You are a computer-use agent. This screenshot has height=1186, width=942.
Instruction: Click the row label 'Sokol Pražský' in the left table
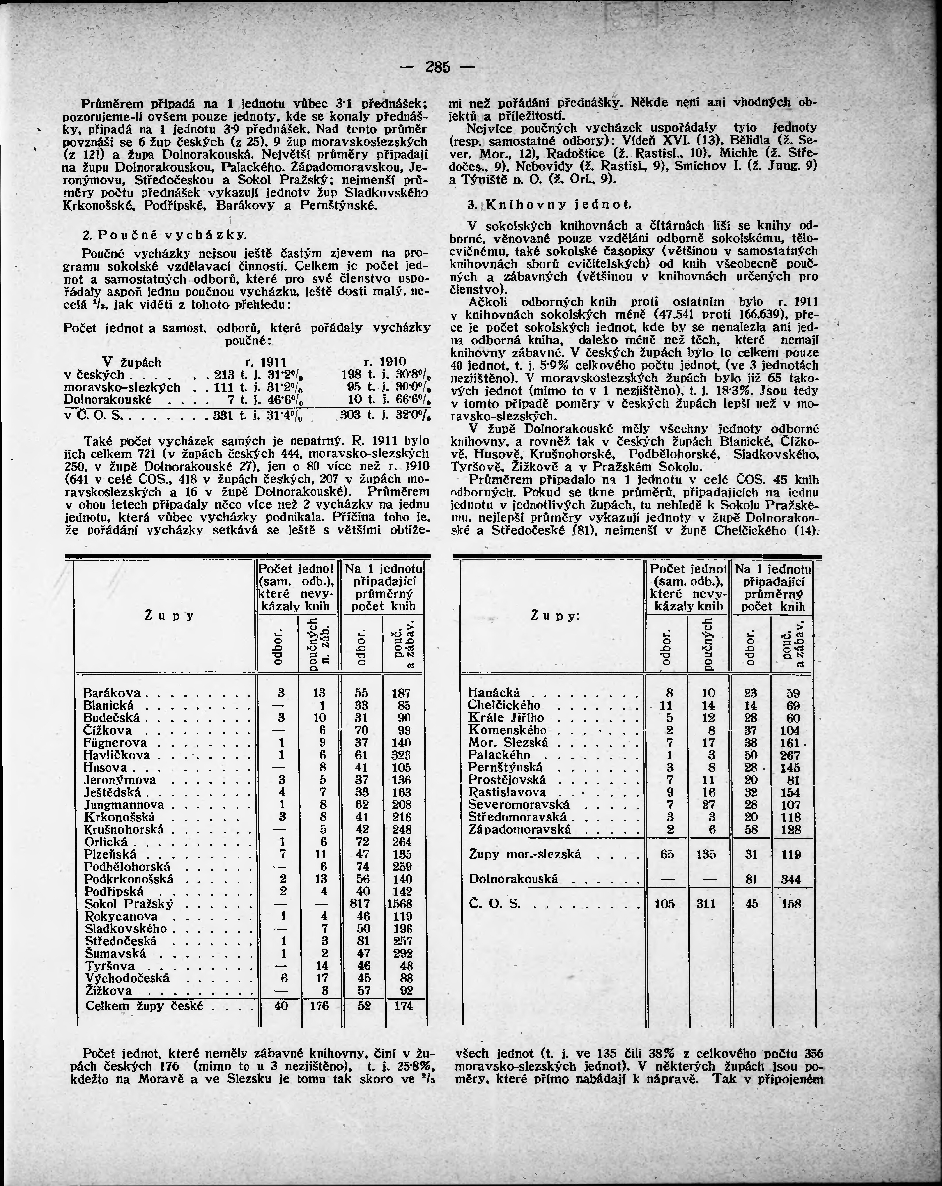[x=129, y=904]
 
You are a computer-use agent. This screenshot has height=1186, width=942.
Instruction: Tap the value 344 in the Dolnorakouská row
[x=791, y=879]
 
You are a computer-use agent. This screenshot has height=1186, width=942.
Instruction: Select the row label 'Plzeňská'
[x=111, y=854]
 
